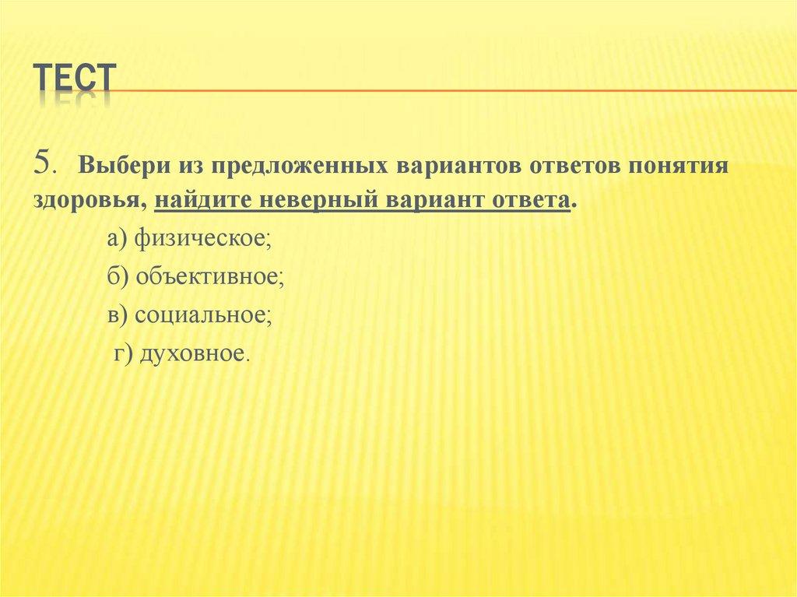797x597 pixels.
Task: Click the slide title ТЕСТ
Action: click(74, 80)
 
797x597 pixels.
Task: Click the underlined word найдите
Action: click(200, 200)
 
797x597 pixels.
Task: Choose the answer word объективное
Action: click(209, 276)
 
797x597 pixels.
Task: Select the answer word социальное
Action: click(202, 314)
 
